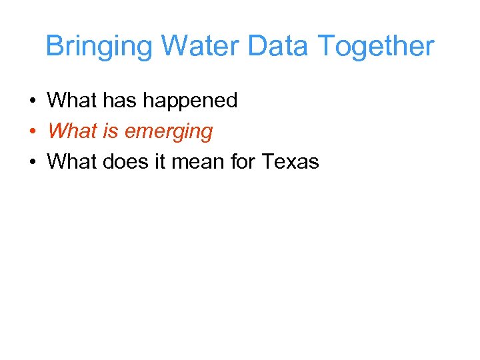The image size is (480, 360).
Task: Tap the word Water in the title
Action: pyautogui.click(x=200, y=47)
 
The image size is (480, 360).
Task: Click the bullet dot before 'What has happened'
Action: pyautogui.click(x=31, y=101)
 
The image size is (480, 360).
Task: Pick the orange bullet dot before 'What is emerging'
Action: pyautogui.click(x=31, y=132)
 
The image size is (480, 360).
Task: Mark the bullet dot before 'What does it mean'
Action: pyautogui.click(x=31, y=162)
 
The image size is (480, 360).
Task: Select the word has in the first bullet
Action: pyautogui.click(x=121, y=101)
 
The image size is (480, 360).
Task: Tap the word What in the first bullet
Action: pyautogui.click(x=72, y=101)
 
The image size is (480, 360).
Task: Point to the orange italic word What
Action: pyautogui.click(x=72, y=131)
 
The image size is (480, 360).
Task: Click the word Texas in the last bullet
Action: pyautogui.click(x=291, y=162)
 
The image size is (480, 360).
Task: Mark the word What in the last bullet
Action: pyautogui.click(x=72, y=162)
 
